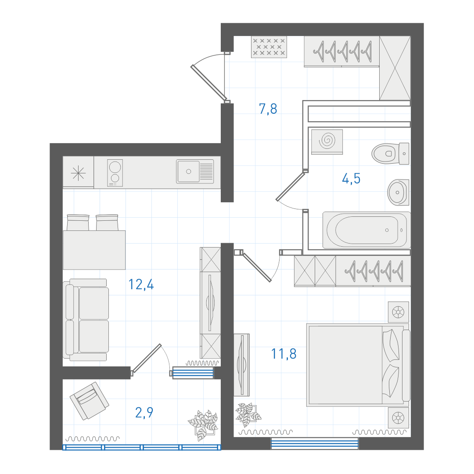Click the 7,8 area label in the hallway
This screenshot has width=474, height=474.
tap(268, 109)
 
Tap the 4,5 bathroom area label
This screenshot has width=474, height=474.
tap(351, 179)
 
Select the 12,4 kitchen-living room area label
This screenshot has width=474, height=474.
tap(141, 284)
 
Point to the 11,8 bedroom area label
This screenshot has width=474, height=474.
tap(284, 354)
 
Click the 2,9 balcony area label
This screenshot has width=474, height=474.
tap(144, 412)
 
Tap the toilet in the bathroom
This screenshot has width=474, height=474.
tap(390, 154)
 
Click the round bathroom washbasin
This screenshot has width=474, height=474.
tap(398, 192)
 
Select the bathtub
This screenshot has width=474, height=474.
tap(366, 230)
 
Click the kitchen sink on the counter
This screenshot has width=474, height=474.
tap(195, 172)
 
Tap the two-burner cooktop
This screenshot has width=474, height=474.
tap(115, 172)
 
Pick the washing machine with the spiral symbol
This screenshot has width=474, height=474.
tap(327, 142)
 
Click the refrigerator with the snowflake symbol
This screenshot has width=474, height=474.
tap(78, 172)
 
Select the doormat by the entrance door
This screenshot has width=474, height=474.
tap(269, 47)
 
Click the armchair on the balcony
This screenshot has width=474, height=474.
tap(90, 401)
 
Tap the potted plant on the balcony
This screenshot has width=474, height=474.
tap(203, 425)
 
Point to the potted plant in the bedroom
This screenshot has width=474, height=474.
tap(248, 414)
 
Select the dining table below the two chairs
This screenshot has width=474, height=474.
tap(94, 250)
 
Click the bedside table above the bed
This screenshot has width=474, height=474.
tap(399, 312)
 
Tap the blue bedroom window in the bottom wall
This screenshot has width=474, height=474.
tap(314, 443)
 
